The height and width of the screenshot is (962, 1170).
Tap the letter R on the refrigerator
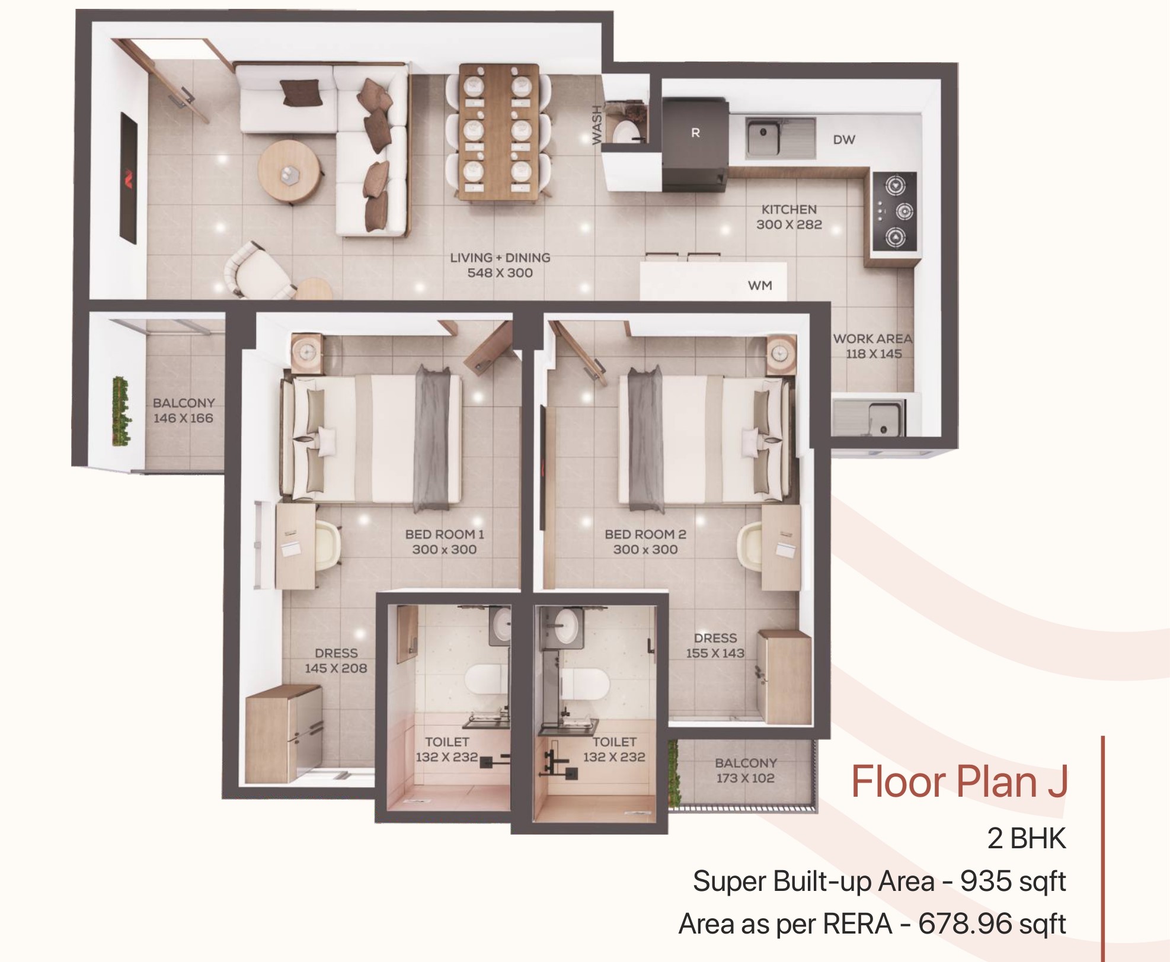click(x=695, y=133)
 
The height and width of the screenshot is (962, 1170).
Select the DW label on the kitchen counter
click(x=844, y=140)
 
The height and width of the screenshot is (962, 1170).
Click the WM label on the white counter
click(x=760, y=286)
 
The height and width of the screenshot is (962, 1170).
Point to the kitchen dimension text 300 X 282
click(x=789, y=225)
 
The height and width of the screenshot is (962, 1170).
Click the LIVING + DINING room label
click(x=500, y=258)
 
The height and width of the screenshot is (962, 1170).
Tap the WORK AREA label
click(x=873, y=339)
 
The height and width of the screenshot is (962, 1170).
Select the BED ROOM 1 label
click(x=445, y=534)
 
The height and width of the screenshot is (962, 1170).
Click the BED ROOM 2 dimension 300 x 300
click(x=645, y=550)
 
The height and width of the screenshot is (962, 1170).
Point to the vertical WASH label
click(x=597, y=125)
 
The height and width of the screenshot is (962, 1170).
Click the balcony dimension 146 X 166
click(x=183, y=418)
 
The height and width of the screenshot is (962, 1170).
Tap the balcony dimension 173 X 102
click(x=746, y=778)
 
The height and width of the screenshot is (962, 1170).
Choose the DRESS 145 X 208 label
click(x=336, y=660)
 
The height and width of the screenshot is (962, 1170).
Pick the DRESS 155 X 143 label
click(x=715, y=646)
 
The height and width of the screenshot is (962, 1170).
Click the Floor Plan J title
click(x=959, y=782)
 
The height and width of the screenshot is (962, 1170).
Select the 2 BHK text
click(x=1027, y=838)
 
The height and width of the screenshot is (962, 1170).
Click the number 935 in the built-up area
click(x=986, y=881)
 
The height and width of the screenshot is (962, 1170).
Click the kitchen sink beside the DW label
click(x=780, y=137)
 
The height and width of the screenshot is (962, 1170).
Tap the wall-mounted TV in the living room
click(x=129, y=177)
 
